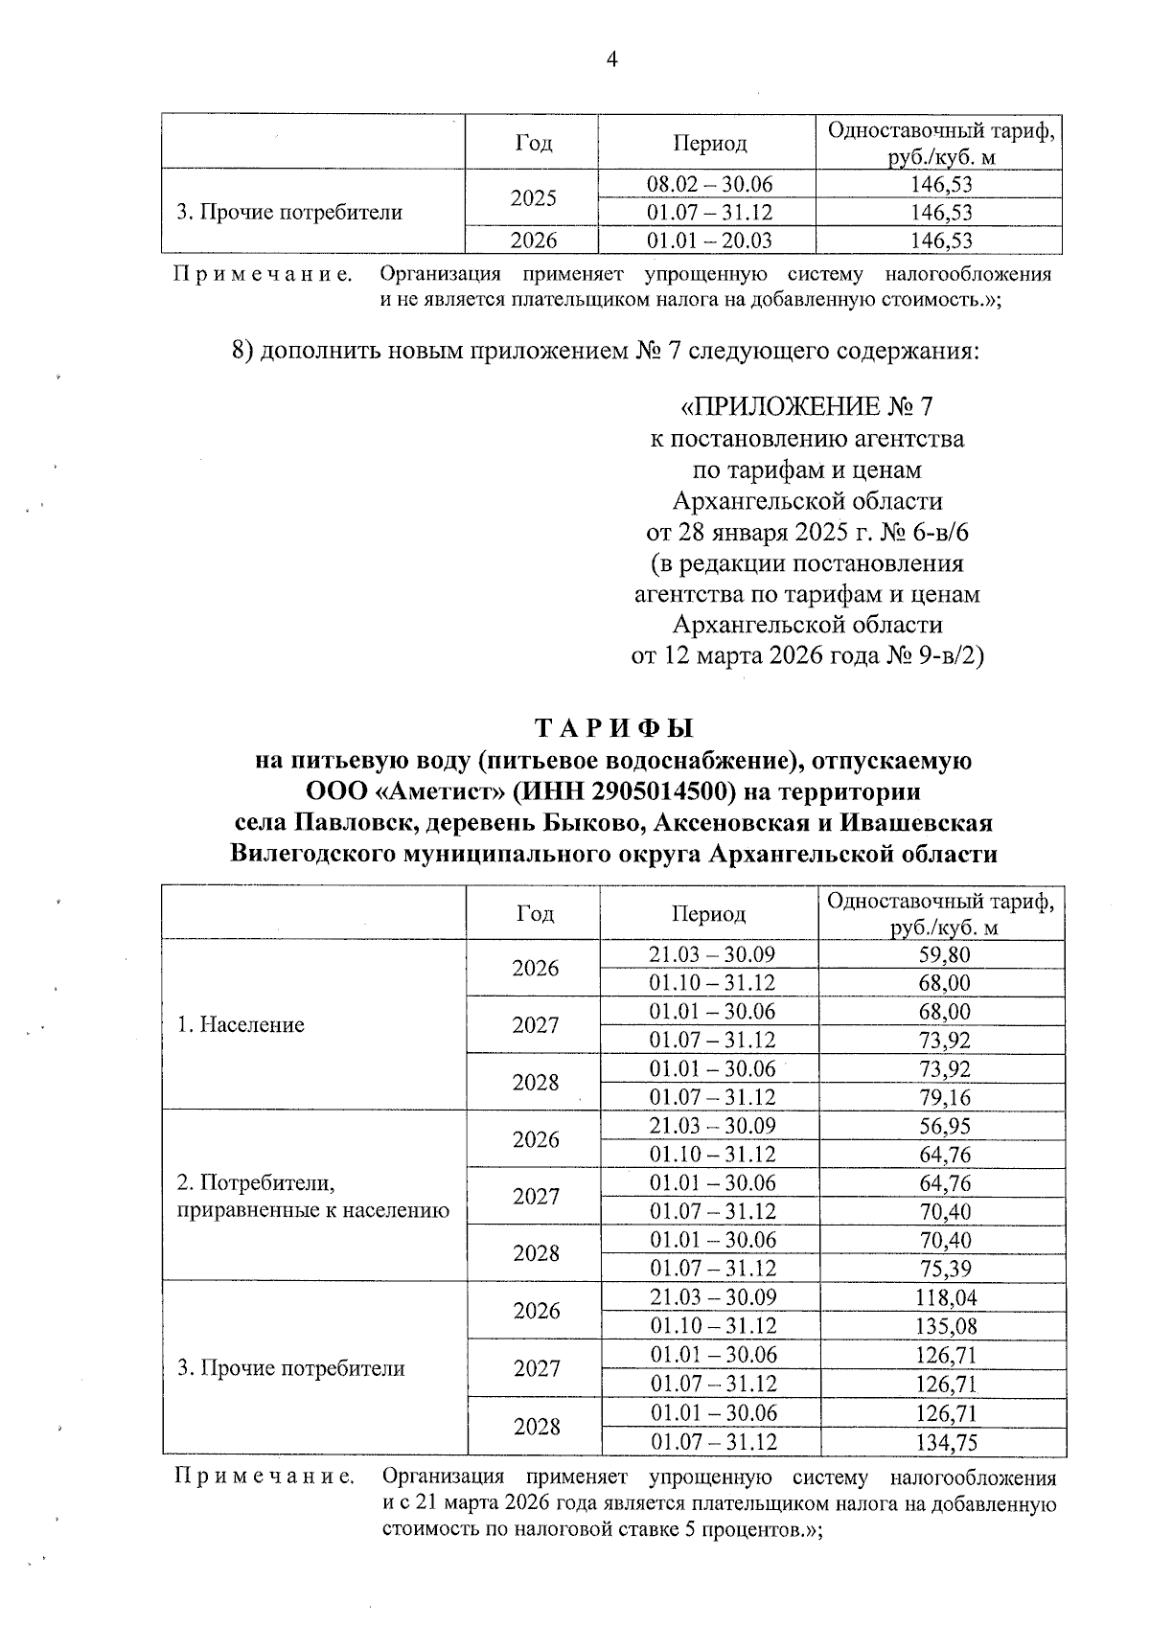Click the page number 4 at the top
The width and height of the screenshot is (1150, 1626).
pyautogui.click(x=611, y=60)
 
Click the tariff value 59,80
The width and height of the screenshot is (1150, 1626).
pyautogui.click(x=943, y=954)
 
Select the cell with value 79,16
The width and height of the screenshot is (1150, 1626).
pyautogui.click(x=943, y=1097)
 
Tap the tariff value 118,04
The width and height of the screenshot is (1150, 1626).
pyautogui.click(x=943, y=1298)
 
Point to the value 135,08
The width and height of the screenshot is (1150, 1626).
pyautogui.click(x=943, y=1326)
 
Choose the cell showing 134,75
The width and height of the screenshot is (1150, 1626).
pyautogui.click(x=943, y=1442)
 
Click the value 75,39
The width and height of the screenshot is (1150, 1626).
pyautogui.click(x=943, y=1269)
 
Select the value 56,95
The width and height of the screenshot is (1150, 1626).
pyautogui.click(x=943, y=1126)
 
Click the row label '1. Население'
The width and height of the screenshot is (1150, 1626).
pyautogui.click(x=241, y=1025)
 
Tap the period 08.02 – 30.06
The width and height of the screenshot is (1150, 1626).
pyautogui.click(x=709, y=184)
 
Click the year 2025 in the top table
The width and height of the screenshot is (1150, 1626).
pyautogui.click(x=534, y=198)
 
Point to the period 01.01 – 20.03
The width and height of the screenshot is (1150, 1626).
pyautogui.click(x=709, y=240)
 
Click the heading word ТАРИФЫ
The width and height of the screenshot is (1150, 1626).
pyautogui.click(x=613, y=729)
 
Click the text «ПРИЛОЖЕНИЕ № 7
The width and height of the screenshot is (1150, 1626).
pyautogui.click(x=806, y=407)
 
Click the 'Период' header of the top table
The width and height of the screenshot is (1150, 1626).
pyautogui.click(x=709, y=144)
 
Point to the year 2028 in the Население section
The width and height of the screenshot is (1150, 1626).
pyautogui.click(x=536, y=1083)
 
